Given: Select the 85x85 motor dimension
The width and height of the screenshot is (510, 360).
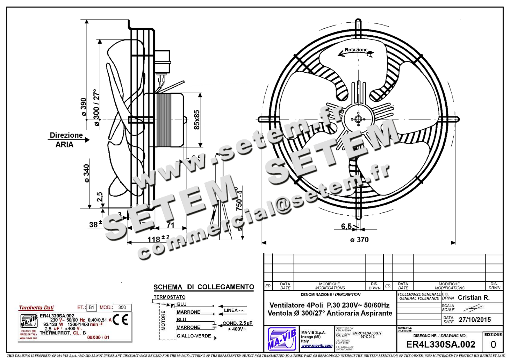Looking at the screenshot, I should [x=197, y=119].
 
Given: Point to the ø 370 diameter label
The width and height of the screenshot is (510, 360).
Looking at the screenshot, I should [x=359, y=240].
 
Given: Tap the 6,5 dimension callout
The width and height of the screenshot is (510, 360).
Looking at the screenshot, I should [x=346, y=226].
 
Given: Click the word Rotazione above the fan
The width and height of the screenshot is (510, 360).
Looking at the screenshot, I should [x=356, y=50].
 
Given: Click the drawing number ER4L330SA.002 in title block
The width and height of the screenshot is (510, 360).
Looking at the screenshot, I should [x=441, y=344].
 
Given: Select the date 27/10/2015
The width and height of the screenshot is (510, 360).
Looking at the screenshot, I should [x=475, y=320].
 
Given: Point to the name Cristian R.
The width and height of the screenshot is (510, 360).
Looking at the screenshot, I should [x=474, y=298].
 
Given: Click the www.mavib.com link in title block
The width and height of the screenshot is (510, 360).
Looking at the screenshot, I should [x=317, y=346].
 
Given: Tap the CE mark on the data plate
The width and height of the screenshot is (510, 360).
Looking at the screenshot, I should [x=121, y=320].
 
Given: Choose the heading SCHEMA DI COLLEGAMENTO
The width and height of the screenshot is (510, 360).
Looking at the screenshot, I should [x=204, y=287].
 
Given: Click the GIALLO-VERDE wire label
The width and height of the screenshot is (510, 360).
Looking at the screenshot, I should [x=194, y=336].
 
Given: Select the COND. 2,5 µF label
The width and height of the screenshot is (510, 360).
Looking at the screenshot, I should [x=237, y=323].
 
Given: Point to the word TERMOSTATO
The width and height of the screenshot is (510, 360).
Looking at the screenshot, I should [x=169, y=297].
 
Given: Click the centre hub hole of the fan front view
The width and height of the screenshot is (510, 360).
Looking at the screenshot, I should [x=358, y=119].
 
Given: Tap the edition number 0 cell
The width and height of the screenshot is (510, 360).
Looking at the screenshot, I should [x=493, y=345].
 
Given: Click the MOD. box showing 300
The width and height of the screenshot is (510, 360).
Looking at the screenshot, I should [x=122, y=307].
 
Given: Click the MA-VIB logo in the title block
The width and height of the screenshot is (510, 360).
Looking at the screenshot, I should [x=281, y=339].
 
